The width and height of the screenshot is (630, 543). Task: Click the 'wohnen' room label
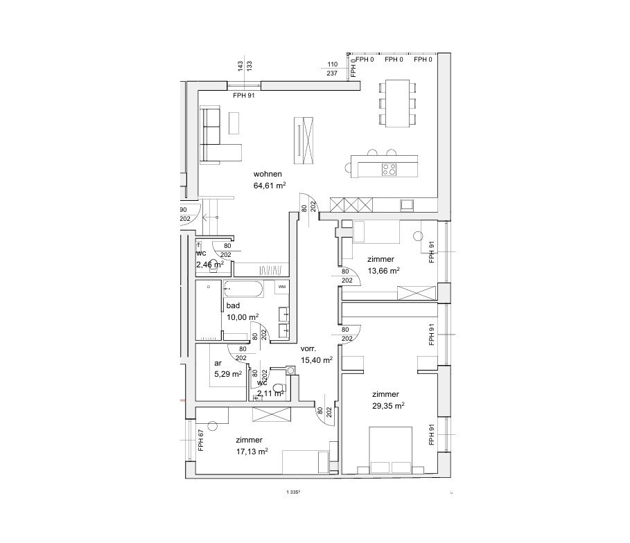point(267,174)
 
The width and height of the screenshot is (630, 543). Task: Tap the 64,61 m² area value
point(270,186)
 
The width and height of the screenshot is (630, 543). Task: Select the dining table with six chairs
point(397,103)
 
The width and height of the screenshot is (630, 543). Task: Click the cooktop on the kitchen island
point(389,168)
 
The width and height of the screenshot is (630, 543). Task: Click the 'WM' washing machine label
point(282,286)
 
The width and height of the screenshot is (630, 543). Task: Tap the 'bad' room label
point(233,305)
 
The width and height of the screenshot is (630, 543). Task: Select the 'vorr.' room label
point(310,349)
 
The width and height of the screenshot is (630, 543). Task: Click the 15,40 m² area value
point(317,360)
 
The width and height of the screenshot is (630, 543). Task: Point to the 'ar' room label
point(218,363)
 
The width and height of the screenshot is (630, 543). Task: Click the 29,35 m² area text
point(388,407)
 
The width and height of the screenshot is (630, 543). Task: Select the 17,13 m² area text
point(252,451)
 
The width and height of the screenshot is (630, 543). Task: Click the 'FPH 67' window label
point(201,440)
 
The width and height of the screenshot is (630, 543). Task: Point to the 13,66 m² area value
point(383,271)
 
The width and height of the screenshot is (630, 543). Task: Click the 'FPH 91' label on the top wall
point(244,96)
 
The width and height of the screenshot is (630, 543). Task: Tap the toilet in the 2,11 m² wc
point(280,389)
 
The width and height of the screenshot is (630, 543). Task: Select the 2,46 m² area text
point(209,265)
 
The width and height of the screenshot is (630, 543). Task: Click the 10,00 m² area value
point(243,317)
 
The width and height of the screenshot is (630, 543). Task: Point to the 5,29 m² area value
point(227,375)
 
